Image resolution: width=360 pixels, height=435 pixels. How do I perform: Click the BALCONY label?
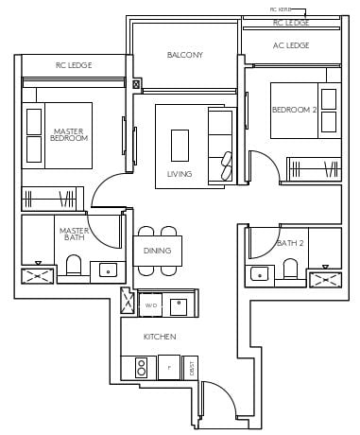point(184,55)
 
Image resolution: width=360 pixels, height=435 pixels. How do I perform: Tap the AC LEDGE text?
point(290,45)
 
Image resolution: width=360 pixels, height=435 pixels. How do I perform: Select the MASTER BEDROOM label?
point(70,134)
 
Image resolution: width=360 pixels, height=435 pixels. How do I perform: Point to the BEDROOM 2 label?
point(291,110)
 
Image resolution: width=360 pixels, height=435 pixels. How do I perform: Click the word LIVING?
point(179,174)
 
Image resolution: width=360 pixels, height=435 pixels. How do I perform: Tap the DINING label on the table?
point(157,251)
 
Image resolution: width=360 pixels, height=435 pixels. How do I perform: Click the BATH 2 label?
point(290,244)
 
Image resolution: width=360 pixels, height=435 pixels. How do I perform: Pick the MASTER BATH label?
point(73,234)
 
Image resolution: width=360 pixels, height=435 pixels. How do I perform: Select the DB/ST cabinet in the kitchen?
point(191,367)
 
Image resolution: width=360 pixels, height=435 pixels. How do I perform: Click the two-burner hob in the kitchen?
point(142,366)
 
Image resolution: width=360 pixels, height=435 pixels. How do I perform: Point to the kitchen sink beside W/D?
point(177,305)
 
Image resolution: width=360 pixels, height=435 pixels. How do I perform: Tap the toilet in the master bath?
point(73,266)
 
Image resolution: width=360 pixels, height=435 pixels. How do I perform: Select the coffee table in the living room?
point(180,146)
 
